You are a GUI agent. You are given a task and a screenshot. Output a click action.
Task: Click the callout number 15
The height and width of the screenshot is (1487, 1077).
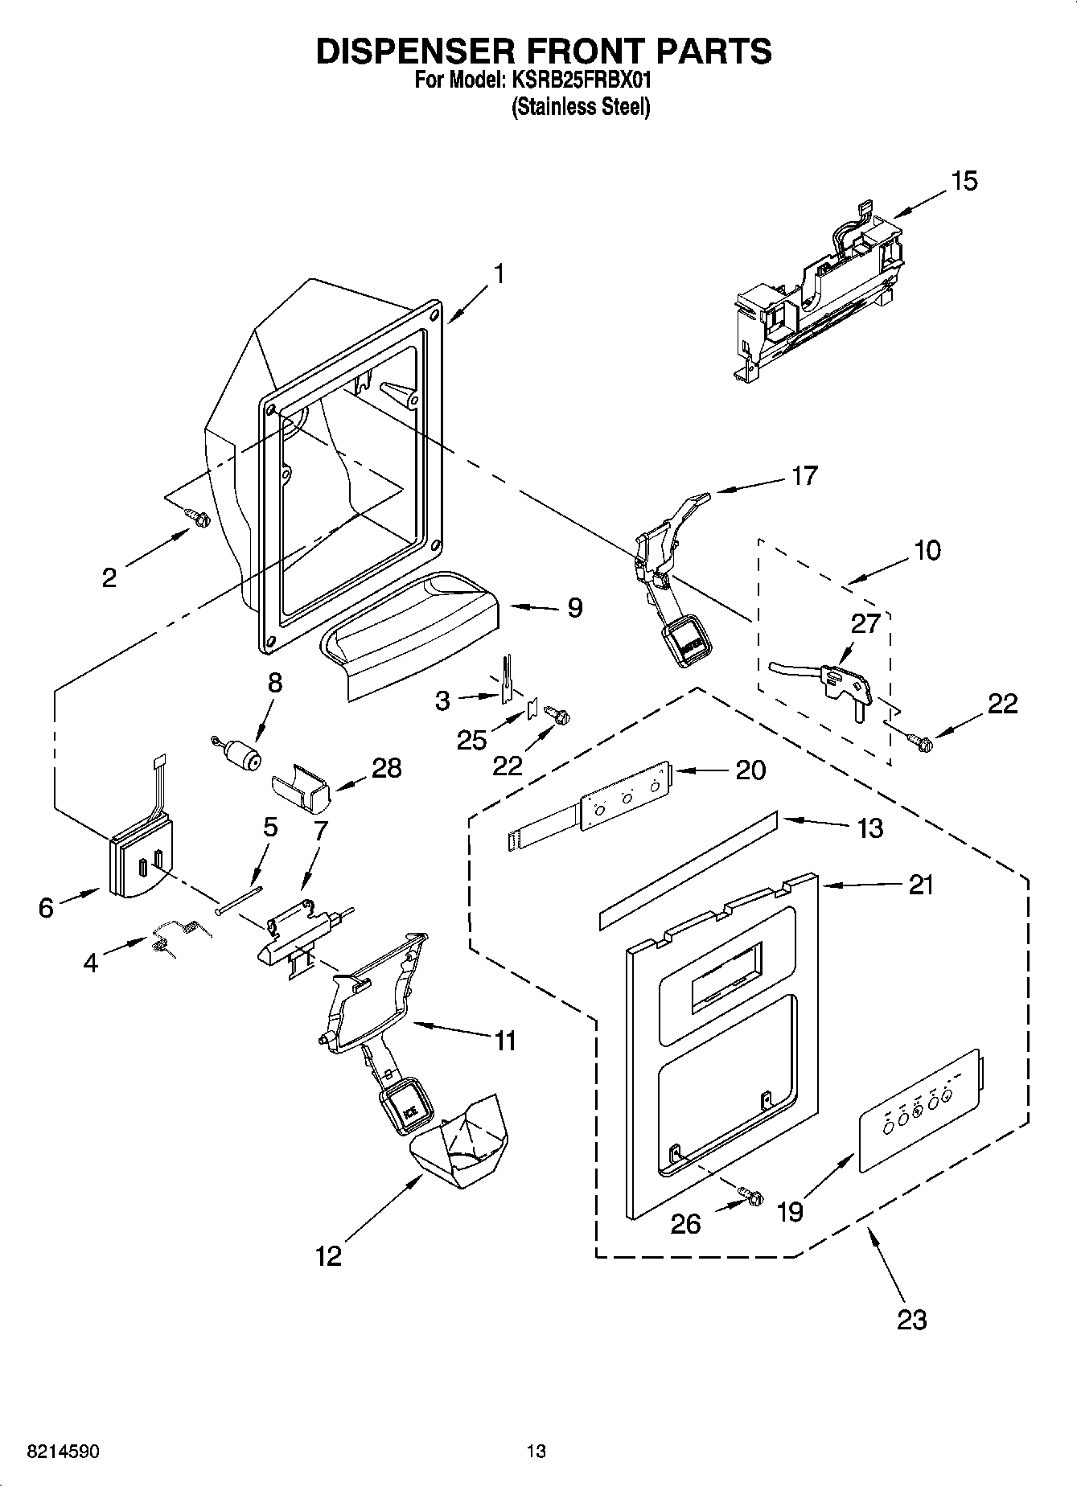[964, 181]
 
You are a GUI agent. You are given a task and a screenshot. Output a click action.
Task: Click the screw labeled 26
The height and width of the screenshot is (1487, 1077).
[751, 1196]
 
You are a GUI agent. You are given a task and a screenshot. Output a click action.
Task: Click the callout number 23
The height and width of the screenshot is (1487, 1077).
[911, 1319]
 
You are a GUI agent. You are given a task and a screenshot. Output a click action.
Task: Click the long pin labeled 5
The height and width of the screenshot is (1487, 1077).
[239, 899]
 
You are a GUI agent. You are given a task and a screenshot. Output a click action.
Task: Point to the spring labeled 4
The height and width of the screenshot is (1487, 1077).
[179, 936]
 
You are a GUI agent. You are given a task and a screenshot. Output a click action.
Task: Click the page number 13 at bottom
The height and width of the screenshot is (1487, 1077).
[536, 1451]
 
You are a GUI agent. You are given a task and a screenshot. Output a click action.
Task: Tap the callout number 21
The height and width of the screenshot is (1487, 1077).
[920, 885]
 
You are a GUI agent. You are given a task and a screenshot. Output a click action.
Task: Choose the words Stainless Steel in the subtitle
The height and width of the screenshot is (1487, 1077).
[581, 107]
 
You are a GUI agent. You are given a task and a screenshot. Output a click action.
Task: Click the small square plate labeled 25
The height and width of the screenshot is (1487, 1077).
[532, 709]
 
